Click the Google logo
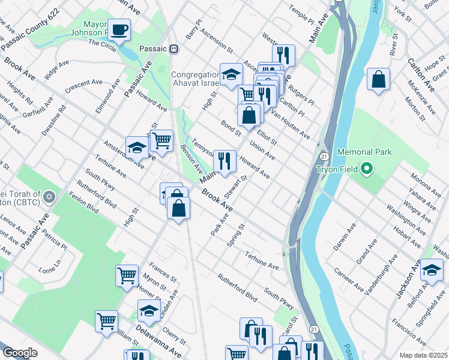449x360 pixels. (19, 353)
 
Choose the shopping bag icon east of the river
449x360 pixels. (378, 80)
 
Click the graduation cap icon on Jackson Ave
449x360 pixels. (431, 271)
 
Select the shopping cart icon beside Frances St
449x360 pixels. (127, 276)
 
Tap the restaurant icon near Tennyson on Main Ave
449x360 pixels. (224, 161)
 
